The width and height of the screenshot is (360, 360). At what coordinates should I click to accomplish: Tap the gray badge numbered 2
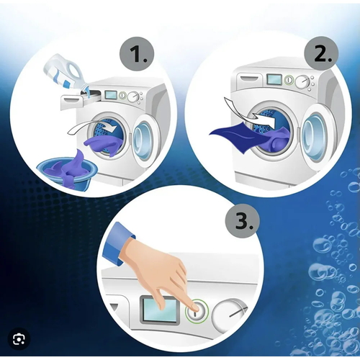pyautogui.click(x=321, y=54)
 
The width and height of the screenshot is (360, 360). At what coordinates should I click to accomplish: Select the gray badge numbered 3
pyautogui.click(x=243, y=221)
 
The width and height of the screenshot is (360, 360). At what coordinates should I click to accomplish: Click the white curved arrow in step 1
pyautogui.click(x=91, y=128)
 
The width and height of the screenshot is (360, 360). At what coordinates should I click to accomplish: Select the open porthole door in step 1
pyautogui.click(x=143, y=138)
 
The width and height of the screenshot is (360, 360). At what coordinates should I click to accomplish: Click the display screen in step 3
pyautogui.click(x=160, y=310)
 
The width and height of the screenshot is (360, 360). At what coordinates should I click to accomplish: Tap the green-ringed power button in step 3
pyautogui.click(x=197, y=312)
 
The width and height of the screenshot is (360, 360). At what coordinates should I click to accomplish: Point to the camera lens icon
pyautogui.click(x=19, y=339)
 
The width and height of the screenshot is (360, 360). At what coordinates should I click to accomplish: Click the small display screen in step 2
pyautogui.click(x=274, y=79)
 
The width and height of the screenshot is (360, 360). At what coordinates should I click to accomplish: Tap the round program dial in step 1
pyautogui.click(x=133, y=97)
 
